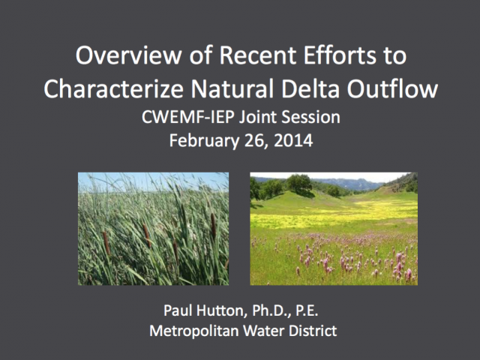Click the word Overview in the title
click(128, 55)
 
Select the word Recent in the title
click(258, 55)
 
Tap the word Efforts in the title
click(340, 55)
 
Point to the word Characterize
click(113, 88)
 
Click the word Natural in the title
click(232, 88)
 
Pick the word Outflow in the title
click(392, 88)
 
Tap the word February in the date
click(204, 141)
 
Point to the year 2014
click(293, 140)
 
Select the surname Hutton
click(221, 310)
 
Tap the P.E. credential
click(307, 310)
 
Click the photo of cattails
click(153, 229)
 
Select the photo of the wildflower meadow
click(334, 229)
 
